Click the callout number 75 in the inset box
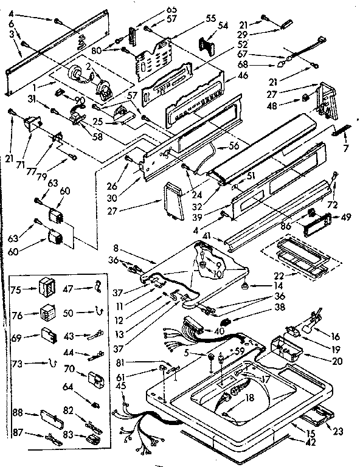(x=18, y=289)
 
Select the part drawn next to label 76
(x=46, y=314)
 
